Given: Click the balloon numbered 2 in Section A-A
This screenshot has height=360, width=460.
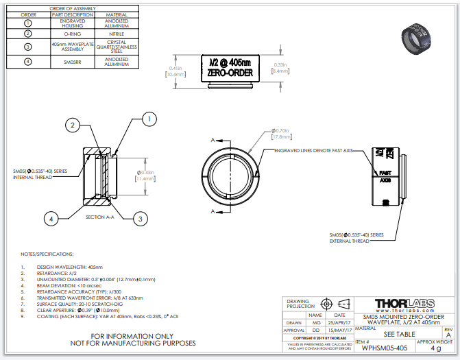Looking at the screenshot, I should [73, 124].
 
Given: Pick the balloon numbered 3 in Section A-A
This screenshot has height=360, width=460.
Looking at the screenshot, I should [139, 218].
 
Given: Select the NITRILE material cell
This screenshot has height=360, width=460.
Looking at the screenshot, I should [116, 33].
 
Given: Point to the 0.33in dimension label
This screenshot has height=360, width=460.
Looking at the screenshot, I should [280, 67].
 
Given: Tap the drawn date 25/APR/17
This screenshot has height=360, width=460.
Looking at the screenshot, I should [339, 322].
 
